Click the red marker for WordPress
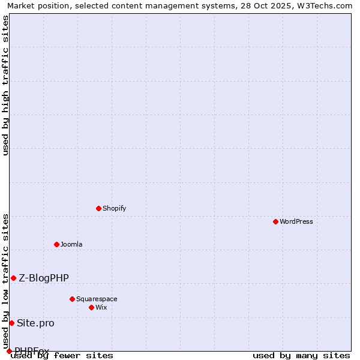pyautogui.click(x=275, y=221)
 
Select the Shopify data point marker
pyautogui.click(x=98, y=208)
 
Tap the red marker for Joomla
pyautogui.click(x=56, y=244)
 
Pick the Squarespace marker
pyautogui.click(x=72, y=299)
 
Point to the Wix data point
pyautogui.click(x=91, y=307)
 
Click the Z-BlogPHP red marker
pyautogui.click(x=13, y=278)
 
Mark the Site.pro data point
pyautogui.click(x=11, y=323)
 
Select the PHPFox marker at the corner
pyautogui.click(x=9, y=351)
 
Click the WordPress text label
pyautogui.click(x=296, y=221)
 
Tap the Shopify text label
pyautogui.click(x=114, y=208)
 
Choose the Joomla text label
pyautogui.click(x=71, y=244)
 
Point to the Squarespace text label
pyautogui.click(x=97, y=299)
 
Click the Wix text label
pyautogui.click(x=101, y=307)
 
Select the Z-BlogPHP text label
pyautogui.click(x=44, y=278)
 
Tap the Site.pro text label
pyautogui.click(x=35, y=323)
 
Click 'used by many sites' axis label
pyautogui.click(x=301, y=355)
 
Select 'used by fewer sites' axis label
pyautogui.click(x=62, y=355)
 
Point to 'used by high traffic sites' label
pyautogui.click(x=6, y=85)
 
